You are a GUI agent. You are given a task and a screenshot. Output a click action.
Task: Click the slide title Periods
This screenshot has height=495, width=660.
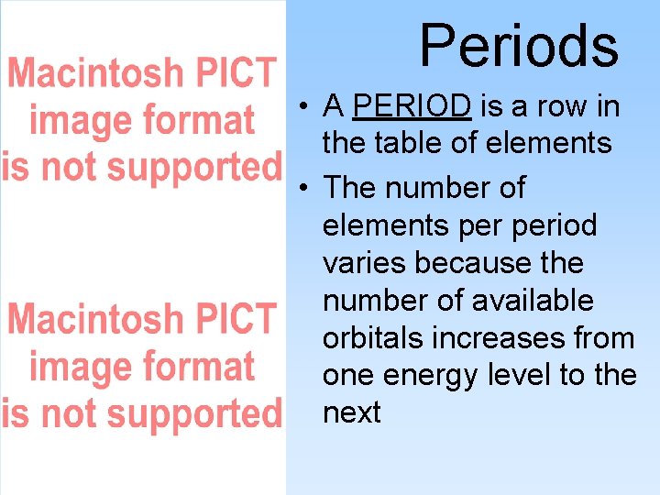coord(519,45)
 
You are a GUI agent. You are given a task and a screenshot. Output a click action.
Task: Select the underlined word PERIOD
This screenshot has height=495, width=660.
coord(412,107)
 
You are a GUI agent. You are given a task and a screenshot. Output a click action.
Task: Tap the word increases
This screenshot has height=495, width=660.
coord(495,338)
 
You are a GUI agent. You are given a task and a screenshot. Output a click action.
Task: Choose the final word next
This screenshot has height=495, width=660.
coord(351,413)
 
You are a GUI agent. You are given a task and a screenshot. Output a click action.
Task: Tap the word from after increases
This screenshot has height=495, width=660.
coord(601,338)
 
